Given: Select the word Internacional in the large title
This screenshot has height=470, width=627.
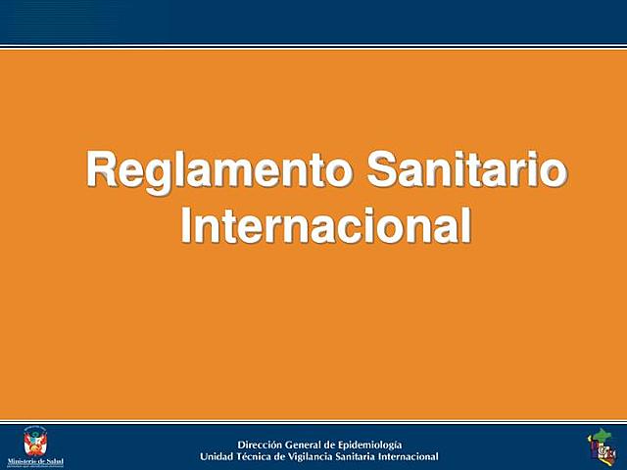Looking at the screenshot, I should point(326,225).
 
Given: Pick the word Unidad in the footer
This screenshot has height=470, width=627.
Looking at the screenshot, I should point(217,457).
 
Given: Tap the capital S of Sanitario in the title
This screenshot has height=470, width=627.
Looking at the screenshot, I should point(382,170).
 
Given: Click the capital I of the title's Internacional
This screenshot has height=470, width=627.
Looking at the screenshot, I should point(188,225).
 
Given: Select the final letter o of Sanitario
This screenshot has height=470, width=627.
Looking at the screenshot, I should point(554,174).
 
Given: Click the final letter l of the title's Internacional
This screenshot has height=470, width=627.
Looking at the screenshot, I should point(467,225).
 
